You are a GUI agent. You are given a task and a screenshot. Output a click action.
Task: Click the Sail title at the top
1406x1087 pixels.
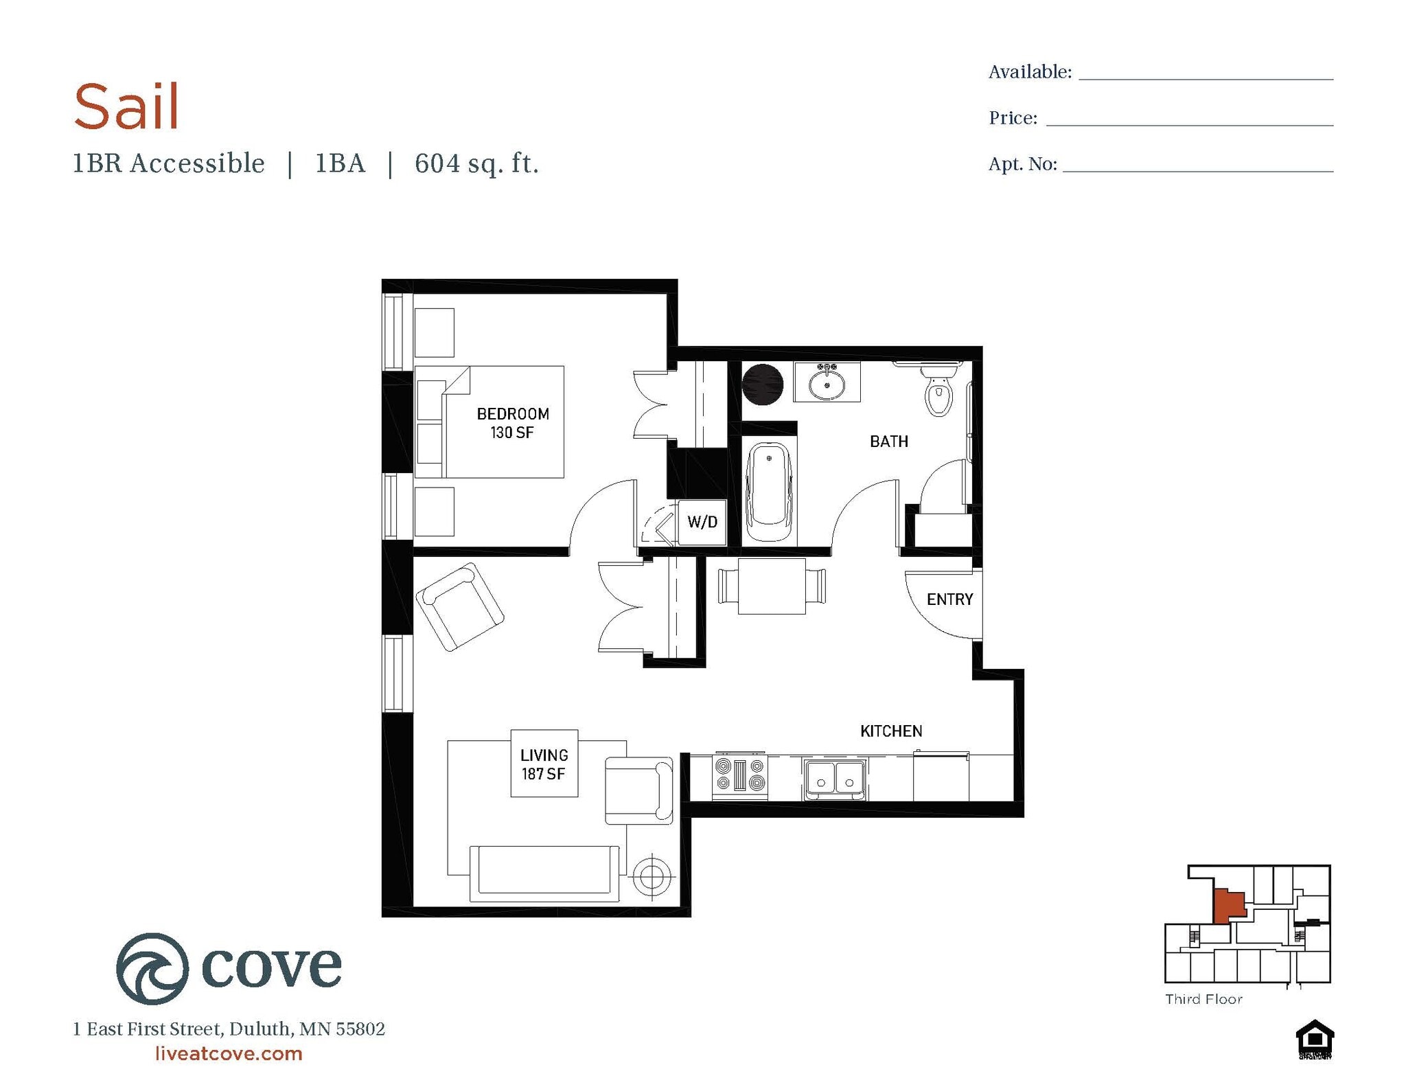pyautogui.click(x=126, y=106)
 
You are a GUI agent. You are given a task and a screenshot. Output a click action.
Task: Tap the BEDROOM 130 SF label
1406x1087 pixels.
pyautogui.click(x=513, y=423)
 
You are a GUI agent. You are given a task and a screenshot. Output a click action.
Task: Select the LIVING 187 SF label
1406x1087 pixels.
pyautogui.click(x=544, y=764)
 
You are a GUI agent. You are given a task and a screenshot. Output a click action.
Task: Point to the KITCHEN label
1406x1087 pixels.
pyautogui.click(x=891, y=731)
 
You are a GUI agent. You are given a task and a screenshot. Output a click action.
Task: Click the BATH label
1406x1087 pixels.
pyautogui.click(x=888, y=442)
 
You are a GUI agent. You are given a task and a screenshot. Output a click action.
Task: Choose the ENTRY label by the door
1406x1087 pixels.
pyautogui.click(x=949, y=599)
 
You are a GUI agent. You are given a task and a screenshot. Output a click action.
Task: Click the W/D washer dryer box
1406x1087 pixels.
pyautogui.click(x=702, y=522)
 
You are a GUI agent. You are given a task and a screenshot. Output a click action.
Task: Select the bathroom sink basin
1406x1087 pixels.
pyautogui.click(x=827, y=385)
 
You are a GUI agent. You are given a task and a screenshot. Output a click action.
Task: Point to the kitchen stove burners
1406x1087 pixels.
pyautogui.click(x=739, y=775)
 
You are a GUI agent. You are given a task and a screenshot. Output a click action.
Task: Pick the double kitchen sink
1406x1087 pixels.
pyautogui.click(x=835, y=779)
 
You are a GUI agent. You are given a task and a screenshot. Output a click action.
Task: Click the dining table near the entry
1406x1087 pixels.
pyautogui.click(x=772, y=586)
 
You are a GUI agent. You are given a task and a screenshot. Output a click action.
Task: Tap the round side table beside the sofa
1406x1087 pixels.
pyautogui.click(x=652, y=877)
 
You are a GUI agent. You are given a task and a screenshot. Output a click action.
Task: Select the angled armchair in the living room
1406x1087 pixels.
pyautogui.click(x=459, y=607)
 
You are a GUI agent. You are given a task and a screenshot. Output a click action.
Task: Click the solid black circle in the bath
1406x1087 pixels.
pyautogui.click(x=762, y=385)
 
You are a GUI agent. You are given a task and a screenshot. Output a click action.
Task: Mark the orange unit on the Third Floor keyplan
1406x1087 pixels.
pyautogui.click(x=1228, y=906)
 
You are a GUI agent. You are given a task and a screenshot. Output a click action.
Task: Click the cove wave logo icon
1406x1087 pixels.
pyautogui.click(x=152, y=968)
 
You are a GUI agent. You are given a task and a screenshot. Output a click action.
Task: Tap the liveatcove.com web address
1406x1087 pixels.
pyautogui.click(x=229, y=1053)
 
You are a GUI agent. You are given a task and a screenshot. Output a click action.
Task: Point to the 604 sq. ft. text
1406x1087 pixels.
pyautogui.click(x=476, y=164)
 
